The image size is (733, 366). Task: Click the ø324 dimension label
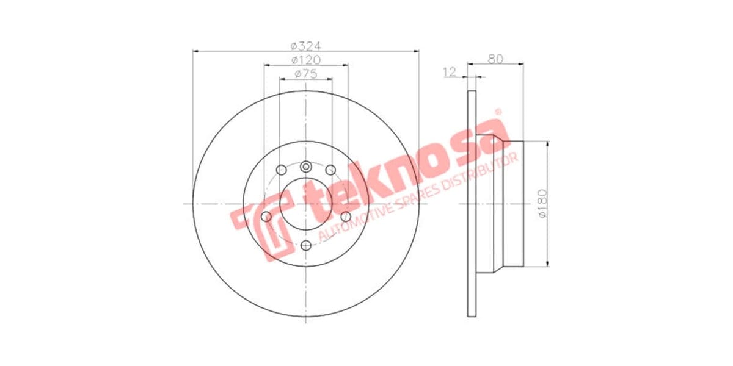306,46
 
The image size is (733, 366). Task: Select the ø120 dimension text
306,60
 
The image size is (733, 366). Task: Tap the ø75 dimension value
306,74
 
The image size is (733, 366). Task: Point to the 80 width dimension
495,59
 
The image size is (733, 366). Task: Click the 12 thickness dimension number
450,73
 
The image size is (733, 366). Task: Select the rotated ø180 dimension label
541,204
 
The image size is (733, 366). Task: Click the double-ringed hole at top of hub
306,166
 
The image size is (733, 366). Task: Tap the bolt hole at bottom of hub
306,245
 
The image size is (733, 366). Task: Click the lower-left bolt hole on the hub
266,217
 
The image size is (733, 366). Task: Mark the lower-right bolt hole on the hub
346,217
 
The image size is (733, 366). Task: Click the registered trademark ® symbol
497,112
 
